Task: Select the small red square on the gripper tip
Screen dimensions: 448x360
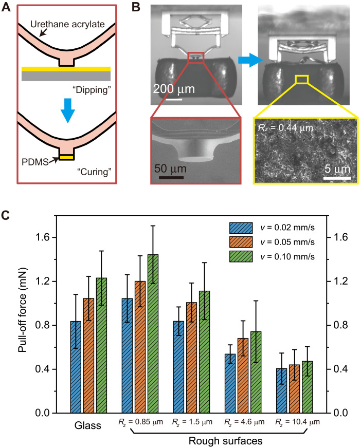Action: click(196, 57)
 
